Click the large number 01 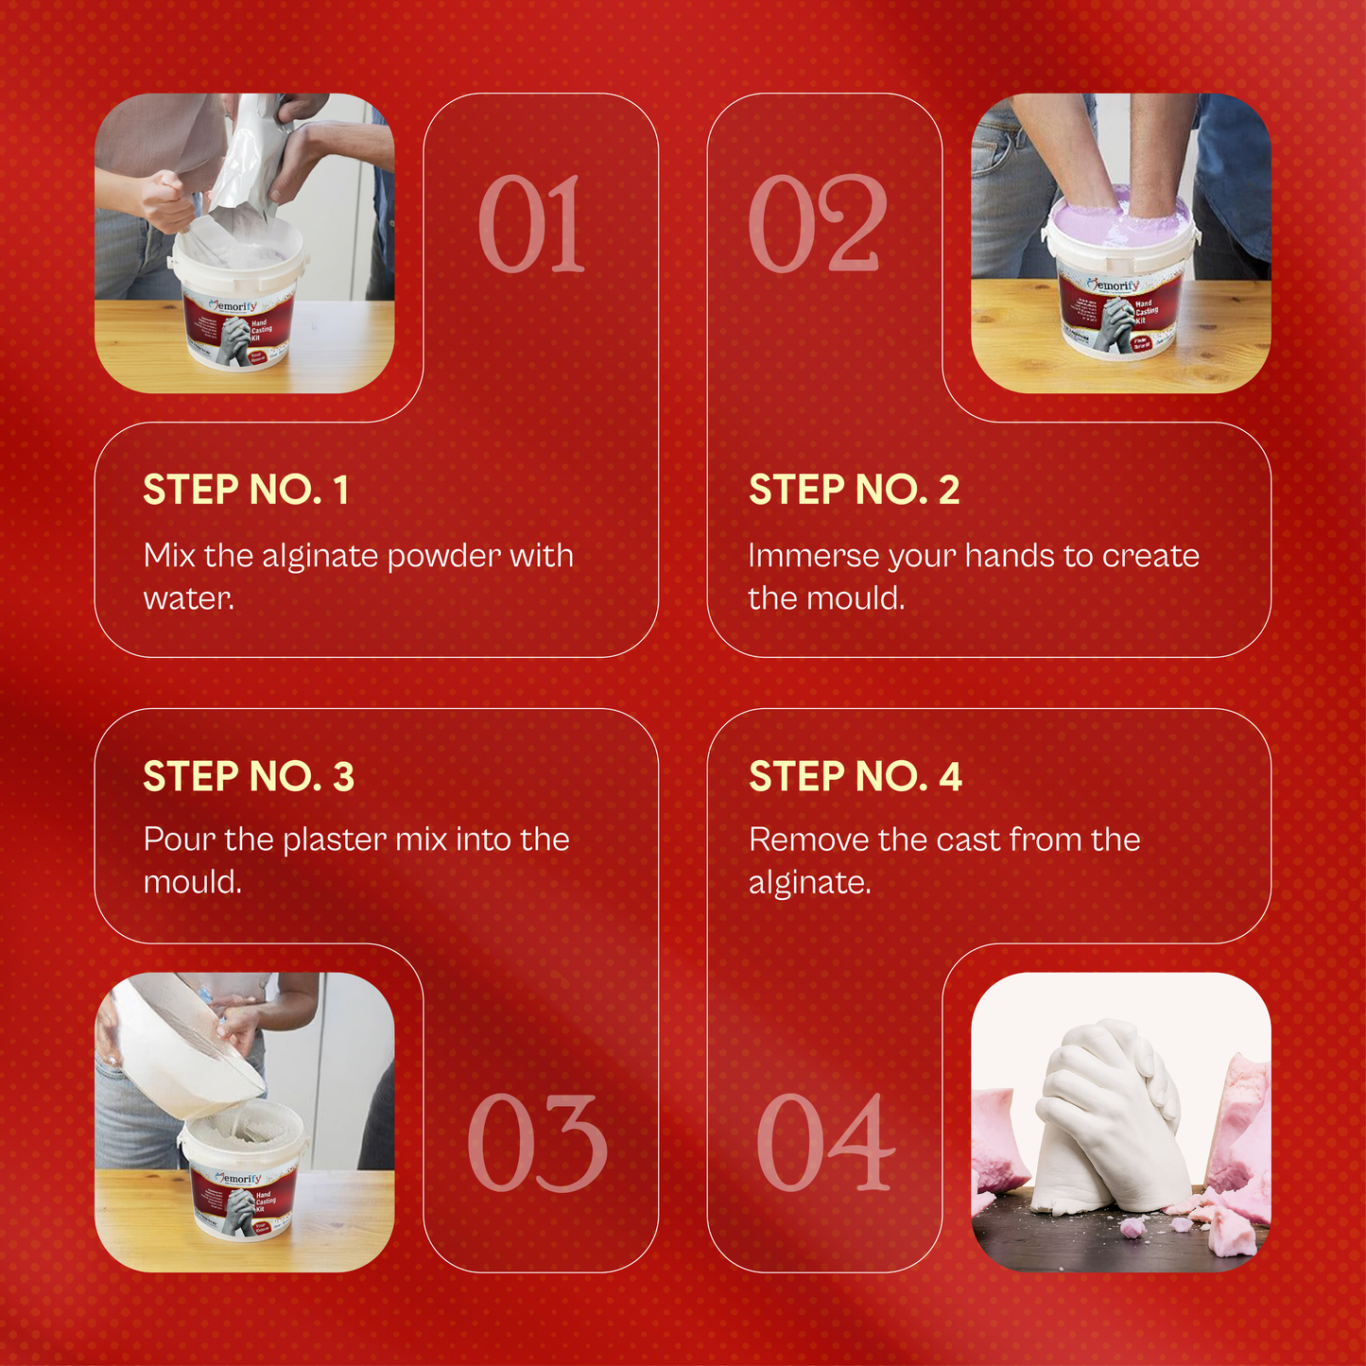click(x=531, y=224)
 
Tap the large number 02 click(x=818, y=224)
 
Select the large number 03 click(x=537, y=1143)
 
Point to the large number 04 click(x=825, y=1143)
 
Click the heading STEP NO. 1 click(x=246, y=490)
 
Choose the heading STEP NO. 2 click(x=854, y=490)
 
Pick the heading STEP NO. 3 click(x=249, y=776)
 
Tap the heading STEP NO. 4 click(x=855, y=776)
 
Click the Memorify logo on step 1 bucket click(x=233, y=306)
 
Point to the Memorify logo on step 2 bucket click(x=1115, y=285)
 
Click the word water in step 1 click(x=187, y=598)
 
